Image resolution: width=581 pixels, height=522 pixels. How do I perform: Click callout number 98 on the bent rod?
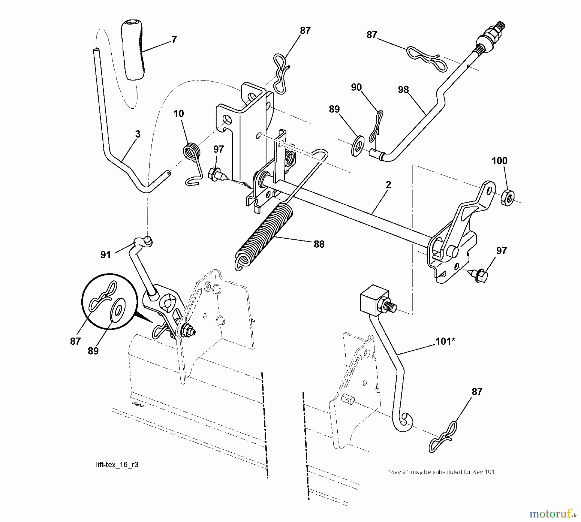403,90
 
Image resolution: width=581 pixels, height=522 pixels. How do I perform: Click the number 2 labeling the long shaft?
388,185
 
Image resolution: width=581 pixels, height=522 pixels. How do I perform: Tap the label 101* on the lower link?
445,341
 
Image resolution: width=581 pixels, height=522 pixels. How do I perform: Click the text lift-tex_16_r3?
117,465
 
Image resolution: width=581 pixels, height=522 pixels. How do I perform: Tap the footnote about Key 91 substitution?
441,472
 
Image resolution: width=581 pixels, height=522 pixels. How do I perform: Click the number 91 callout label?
106,255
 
